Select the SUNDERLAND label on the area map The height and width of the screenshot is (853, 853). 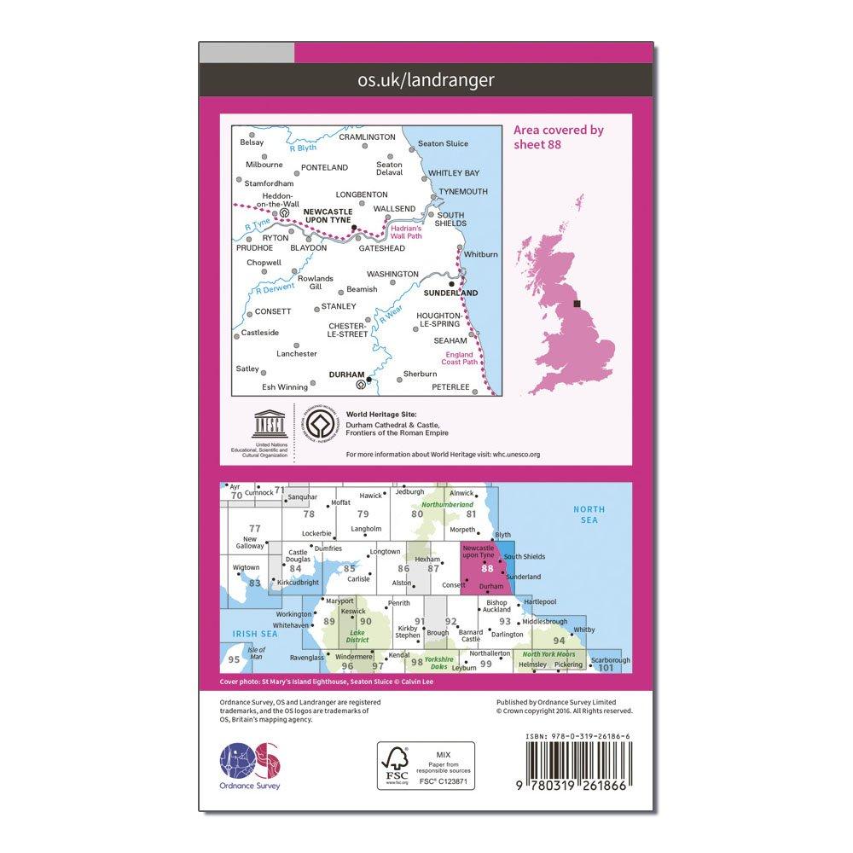pyautogui.click(x=451, y=292)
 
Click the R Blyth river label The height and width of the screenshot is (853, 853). pyautogui.click(x=302, y=148)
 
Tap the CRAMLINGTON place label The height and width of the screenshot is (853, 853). pyautogui.click(x=368, y=136)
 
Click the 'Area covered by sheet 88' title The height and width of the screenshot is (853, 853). pyautogui.click(x=559, y=136)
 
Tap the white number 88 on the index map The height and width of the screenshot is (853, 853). pyautogui.click(x=487, y=568)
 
